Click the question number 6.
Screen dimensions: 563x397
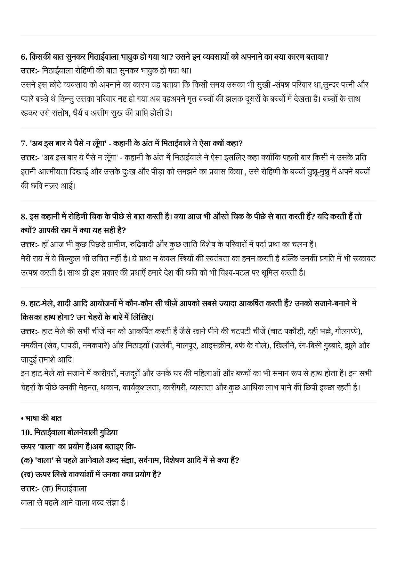click(x=24, y=57)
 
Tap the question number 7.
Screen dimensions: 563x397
click(x=24, y=143)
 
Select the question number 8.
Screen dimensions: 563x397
click(x=24, y=217)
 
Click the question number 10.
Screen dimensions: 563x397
click(x=26, y=432)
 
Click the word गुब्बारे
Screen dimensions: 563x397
click(x=328, y=345)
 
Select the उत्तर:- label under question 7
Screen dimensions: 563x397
click(x=30, y=158)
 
